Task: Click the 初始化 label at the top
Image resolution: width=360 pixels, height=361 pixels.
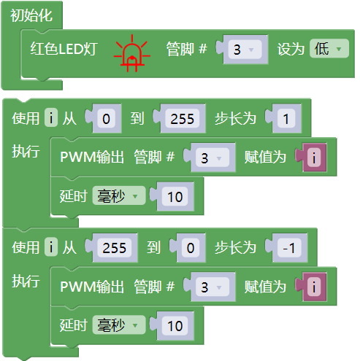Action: pos(31,15)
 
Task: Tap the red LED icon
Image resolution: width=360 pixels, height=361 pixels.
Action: pos(132,53)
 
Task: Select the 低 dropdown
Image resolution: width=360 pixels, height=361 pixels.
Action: pos(329,49)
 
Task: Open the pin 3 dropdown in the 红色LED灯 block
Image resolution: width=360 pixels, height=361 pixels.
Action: pos(245,50)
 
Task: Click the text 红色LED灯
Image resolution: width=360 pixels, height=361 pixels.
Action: pos(64,49)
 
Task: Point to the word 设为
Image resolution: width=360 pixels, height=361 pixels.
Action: pos(291,49)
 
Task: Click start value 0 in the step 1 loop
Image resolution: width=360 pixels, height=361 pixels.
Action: pos(106,119)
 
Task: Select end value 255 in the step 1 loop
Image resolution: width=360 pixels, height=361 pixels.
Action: pos(182,119)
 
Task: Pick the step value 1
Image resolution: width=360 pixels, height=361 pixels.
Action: pos(286,119)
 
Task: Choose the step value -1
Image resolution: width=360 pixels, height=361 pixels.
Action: pos(289,248)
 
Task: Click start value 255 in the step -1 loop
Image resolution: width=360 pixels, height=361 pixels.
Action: pos(115,248)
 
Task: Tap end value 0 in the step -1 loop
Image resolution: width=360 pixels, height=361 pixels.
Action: pos(191,248)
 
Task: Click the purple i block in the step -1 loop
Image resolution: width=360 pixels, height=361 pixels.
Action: pos(314,287)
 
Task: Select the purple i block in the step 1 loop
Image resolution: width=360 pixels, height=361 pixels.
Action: pos(314,158)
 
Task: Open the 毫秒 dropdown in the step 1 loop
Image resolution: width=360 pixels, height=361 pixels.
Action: pos(119,196)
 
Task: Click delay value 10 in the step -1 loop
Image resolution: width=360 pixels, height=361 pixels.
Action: pos(175,326)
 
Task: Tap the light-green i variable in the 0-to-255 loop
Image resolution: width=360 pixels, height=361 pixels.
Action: pos(51,117)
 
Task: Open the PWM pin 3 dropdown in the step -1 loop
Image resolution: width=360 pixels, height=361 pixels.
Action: pos(212,287)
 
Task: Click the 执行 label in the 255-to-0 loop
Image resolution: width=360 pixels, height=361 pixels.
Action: pos(26,281)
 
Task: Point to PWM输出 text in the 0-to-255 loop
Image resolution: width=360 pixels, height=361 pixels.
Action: pos(92,157)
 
